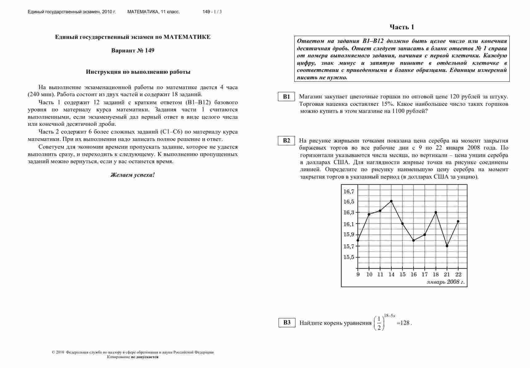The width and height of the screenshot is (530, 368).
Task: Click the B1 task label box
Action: click(287, 97)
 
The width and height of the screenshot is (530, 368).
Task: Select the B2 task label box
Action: click(287, 141)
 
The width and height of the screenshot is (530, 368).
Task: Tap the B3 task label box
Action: click(287, 323)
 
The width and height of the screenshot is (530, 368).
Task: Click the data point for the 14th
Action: click(391, 201)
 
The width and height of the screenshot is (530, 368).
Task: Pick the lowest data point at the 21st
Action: click(447, 246)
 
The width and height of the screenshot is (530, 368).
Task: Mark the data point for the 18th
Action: click(436, 212)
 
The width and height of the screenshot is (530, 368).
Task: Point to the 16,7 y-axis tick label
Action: click(349, 192)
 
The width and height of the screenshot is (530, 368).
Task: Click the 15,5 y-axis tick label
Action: click(349, 257)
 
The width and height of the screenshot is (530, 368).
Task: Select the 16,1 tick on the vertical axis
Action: click(349, 224)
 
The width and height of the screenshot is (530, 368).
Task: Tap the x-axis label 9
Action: click(358, 275)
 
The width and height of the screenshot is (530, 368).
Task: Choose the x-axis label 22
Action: click(458, 275)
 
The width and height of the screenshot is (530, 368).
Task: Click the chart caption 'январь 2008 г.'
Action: click(446, 282)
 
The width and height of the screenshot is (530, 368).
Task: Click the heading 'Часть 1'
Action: click(402, 27)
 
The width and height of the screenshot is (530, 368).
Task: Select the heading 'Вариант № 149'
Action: click(132, 51)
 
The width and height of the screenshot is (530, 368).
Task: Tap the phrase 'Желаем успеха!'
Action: click(132, 175)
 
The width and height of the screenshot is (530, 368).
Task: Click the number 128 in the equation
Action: click(405, 323)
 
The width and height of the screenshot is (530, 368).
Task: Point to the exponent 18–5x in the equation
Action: click(389, 316)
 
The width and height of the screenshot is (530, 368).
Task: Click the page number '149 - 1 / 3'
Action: click(212, 12)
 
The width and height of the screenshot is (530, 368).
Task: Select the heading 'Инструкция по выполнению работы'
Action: click(138, 72)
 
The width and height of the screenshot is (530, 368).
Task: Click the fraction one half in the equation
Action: click(379, 323)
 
